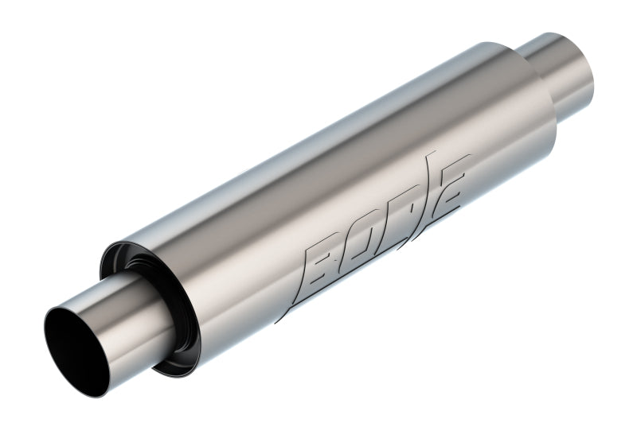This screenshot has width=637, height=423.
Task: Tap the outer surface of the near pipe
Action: (127, 318)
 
